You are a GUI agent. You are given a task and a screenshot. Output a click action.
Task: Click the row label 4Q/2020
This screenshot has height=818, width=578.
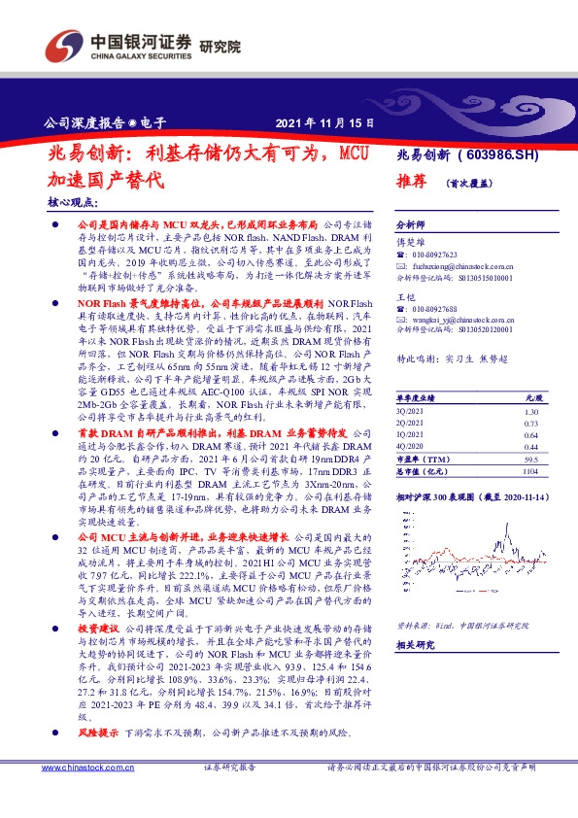click(x=412, y=446)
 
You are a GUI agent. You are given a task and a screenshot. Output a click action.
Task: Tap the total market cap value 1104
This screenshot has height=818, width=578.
click(x=530, y=470)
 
